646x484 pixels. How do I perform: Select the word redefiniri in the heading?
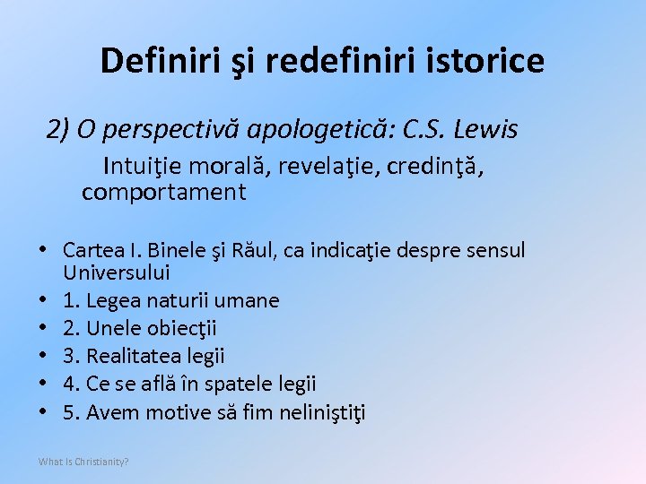point(319,61)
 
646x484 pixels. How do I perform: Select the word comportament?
point(163,192)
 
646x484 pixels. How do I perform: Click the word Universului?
point(117,272)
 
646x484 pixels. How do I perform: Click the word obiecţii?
point(179,328)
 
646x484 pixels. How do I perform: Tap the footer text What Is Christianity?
point(83,462)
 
